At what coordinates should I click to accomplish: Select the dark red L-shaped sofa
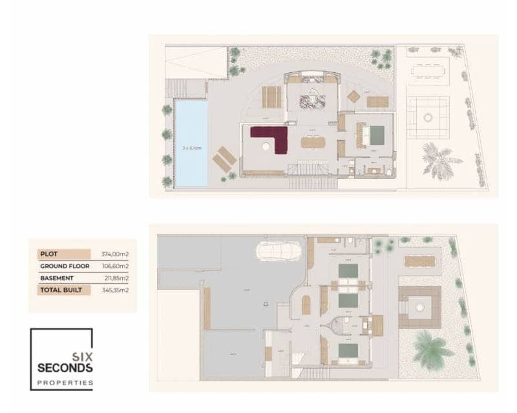271,137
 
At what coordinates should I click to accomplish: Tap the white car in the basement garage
279,250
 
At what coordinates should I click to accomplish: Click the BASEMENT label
56,278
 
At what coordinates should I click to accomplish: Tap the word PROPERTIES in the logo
65,383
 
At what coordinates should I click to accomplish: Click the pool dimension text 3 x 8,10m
192,148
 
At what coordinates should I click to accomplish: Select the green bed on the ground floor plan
376,134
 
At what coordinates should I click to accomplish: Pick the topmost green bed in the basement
348,270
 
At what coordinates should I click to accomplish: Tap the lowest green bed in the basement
348,350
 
